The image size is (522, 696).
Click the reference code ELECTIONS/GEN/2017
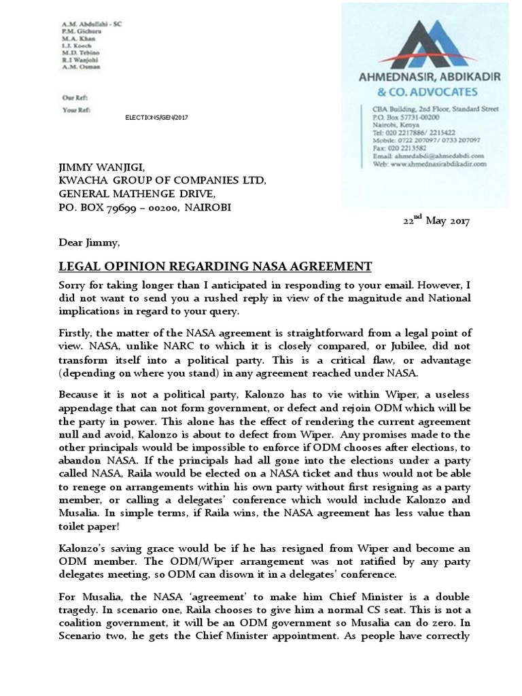click(x=156, y=118)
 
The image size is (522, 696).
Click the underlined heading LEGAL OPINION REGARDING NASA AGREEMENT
click(x=215, y=266)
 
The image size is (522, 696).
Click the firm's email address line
click(x=427, y=156)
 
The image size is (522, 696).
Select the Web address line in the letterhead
click(x=429, y=164)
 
